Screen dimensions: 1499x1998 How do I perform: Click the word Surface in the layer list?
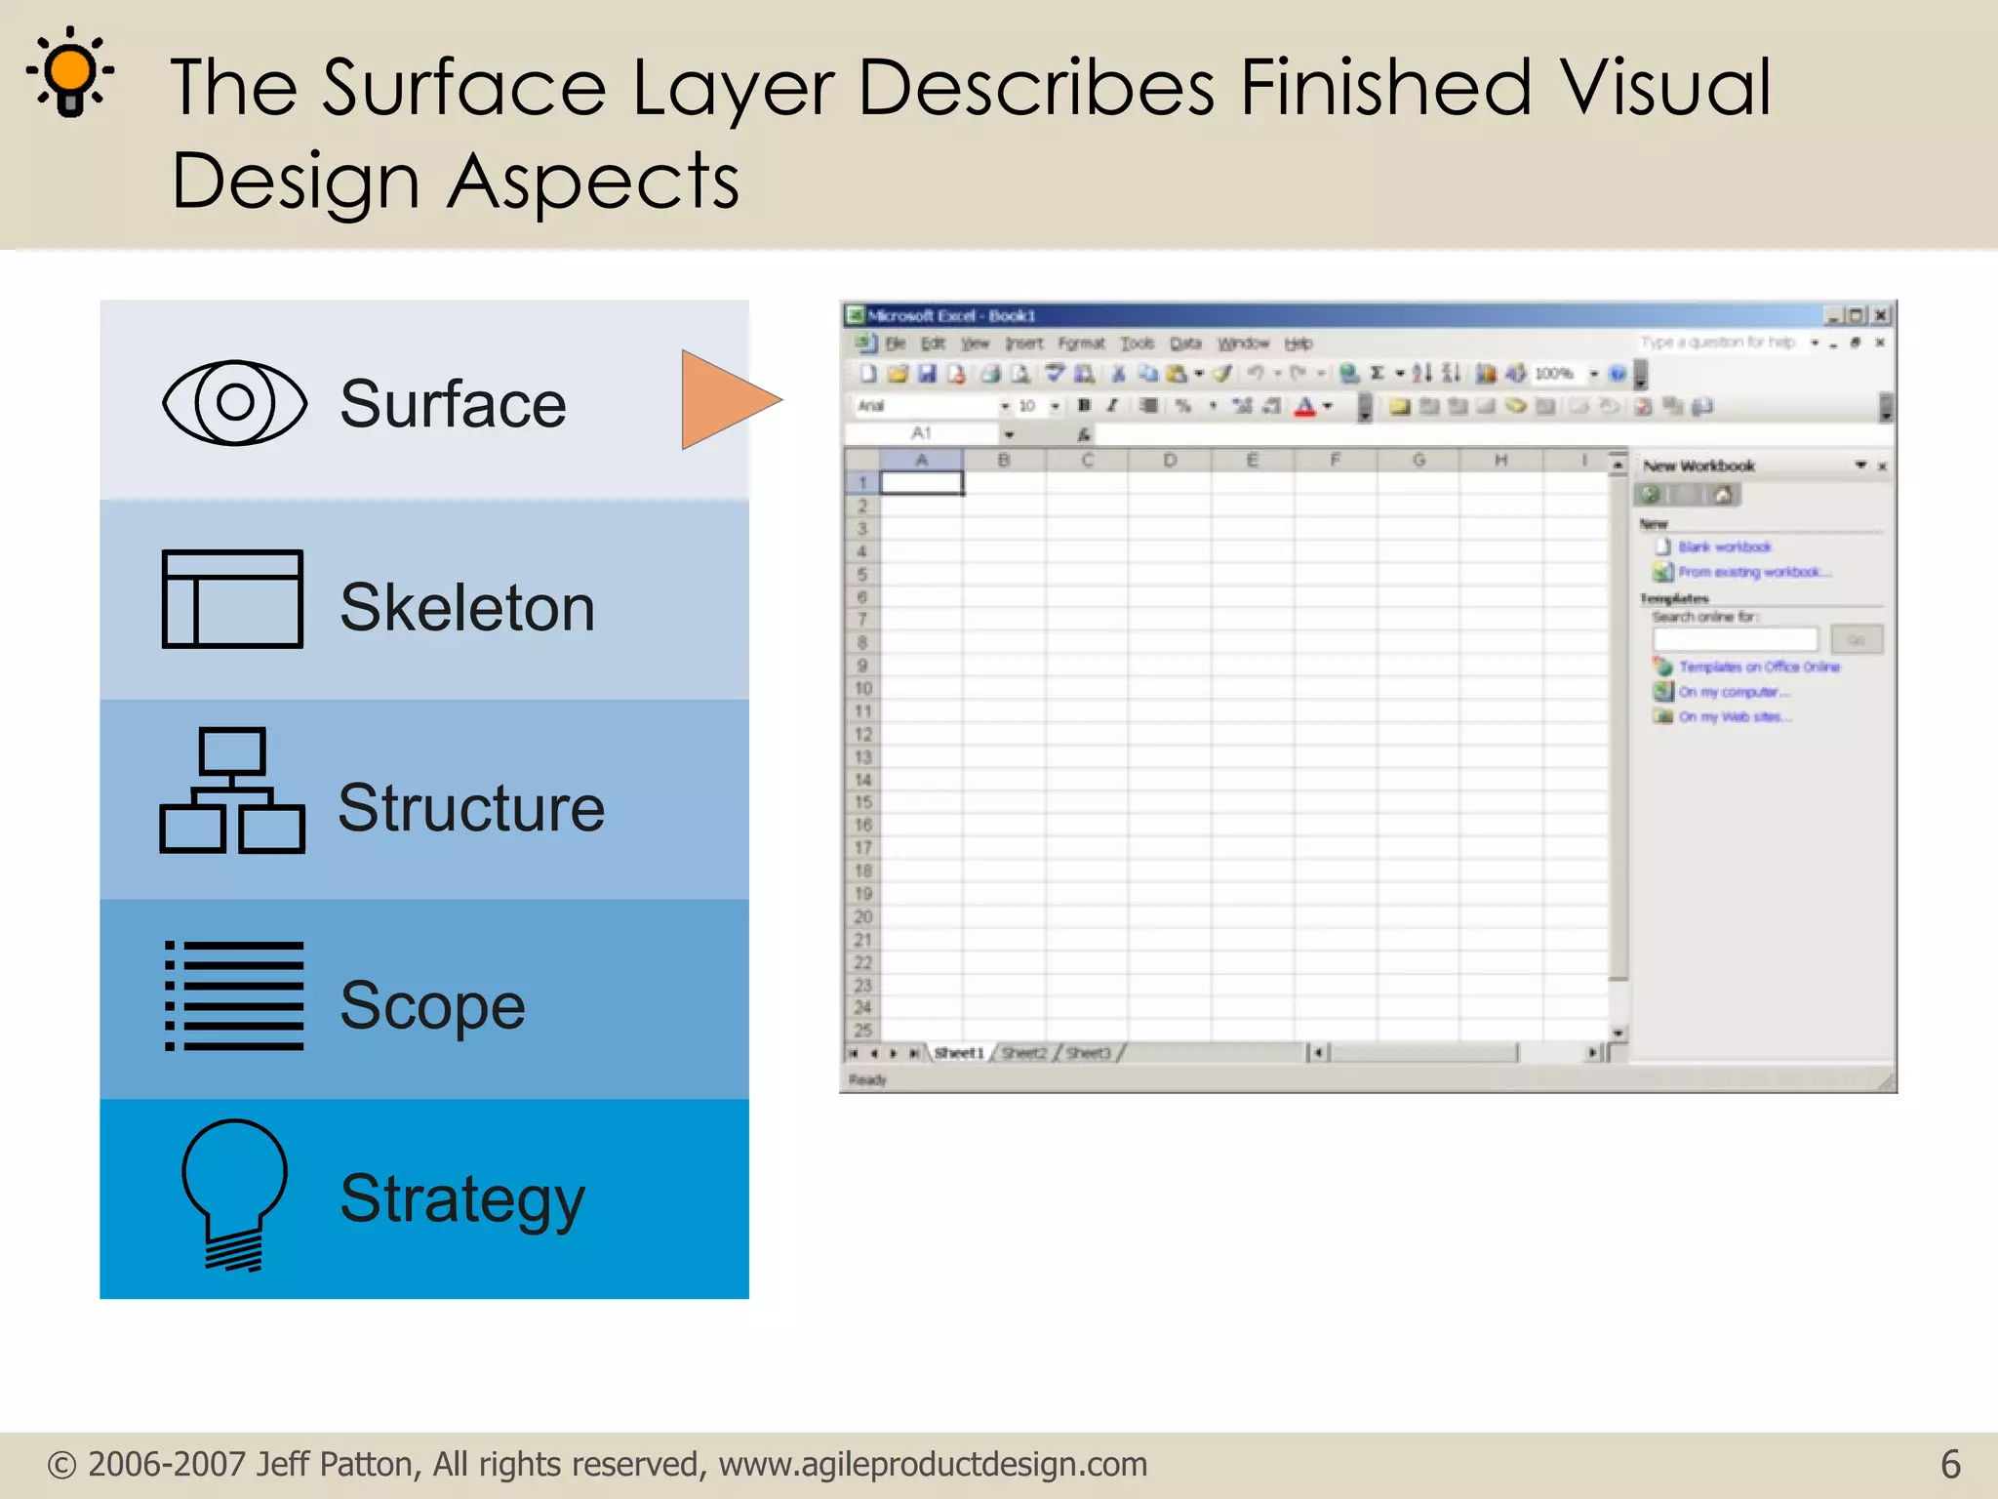tap(453, 404)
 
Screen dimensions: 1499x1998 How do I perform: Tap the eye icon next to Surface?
tap(234, 402)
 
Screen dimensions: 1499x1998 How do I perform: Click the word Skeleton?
tap(466, 607)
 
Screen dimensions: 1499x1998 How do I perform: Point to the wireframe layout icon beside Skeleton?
tap(232, 599)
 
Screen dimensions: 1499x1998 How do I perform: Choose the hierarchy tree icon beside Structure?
tap(232, 791)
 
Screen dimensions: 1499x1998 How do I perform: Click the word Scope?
tap(432, 1006)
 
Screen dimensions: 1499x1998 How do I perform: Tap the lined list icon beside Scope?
tap(234, 996)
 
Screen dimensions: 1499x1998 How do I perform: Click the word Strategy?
tap(462, 1199)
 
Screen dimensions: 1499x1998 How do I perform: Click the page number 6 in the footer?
tap(1950, 1464)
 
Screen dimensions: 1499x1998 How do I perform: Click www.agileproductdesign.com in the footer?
tap(933, 1464)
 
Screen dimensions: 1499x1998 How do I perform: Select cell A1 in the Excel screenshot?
tap(921, 483)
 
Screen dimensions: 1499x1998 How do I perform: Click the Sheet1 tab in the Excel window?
tap(959, 1053)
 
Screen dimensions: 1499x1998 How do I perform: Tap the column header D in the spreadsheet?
tap(1169, 460)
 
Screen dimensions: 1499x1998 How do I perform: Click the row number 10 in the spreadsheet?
tap(862, 688)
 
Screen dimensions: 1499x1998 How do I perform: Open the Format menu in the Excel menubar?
tap(1081, 344)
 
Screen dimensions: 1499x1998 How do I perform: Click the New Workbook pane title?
tap(1698, 466)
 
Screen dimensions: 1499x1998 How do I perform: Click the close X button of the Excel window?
tap(1881, 315)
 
